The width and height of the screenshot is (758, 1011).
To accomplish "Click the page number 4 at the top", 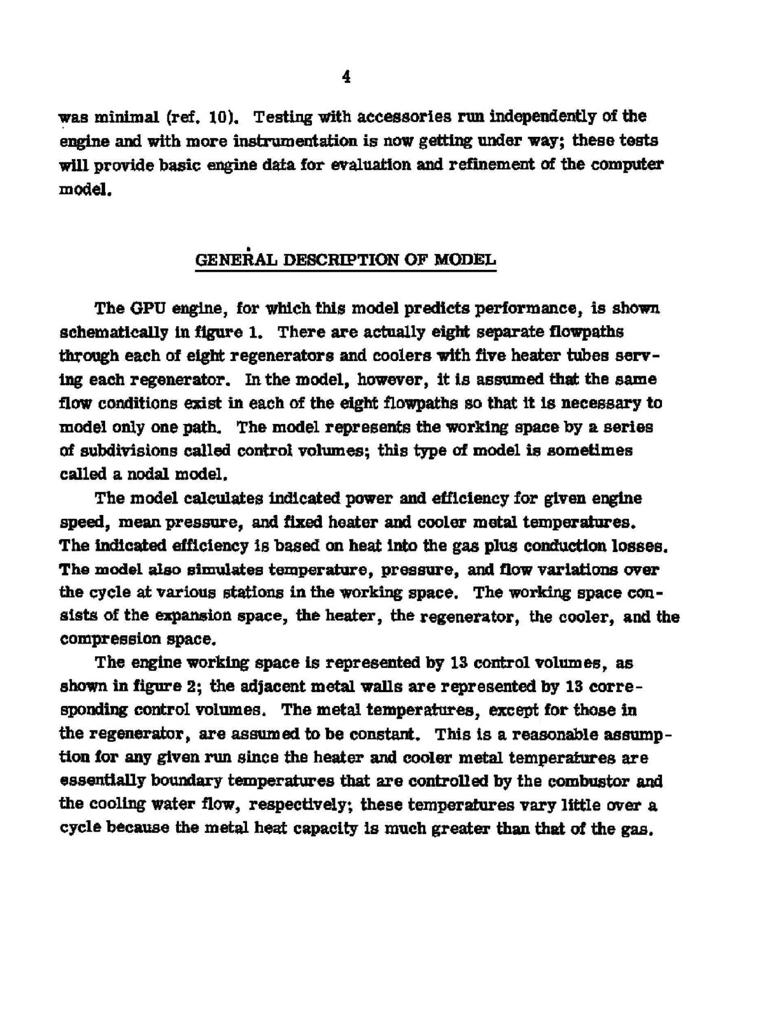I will coord(346,77).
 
